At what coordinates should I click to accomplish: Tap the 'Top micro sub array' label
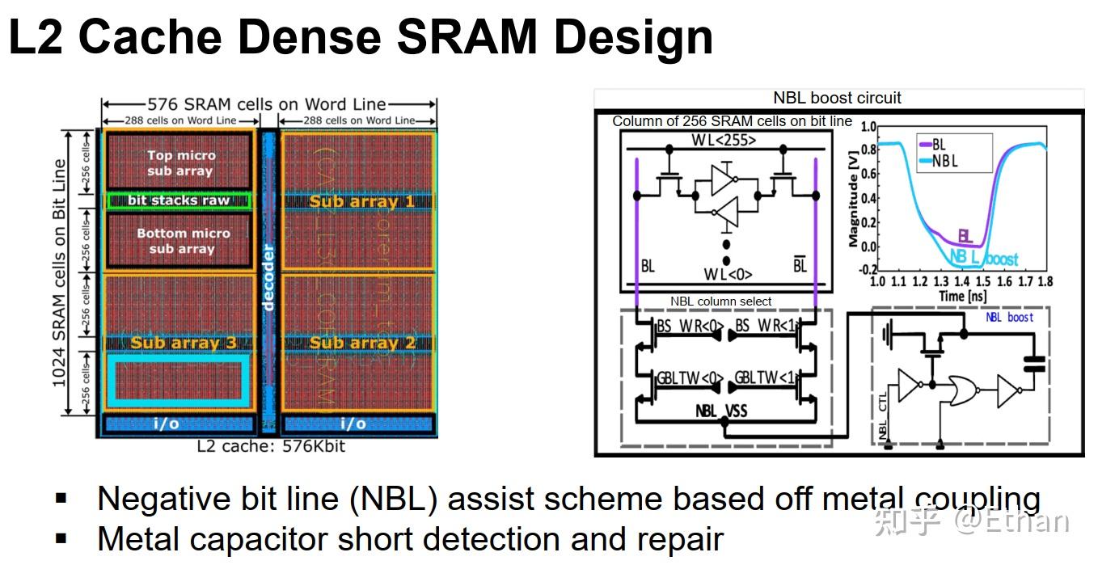tap(181, 162)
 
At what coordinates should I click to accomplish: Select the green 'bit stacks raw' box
tap(179, 200)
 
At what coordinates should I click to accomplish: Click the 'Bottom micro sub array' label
tap(183, 240)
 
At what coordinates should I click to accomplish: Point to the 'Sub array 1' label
tap(361, 201)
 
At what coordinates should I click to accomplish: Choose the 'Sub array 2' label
tap(361, 343)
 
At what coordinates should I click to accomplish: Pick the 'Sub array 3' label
tap(184, 343)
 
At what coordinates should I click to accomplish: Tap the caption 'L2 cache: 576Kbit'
tap(270, 445)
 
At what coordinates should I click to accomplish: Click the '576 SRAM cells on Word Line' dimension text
tap(267, 104)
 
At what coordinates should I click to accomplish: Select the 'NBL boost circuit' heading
tap(837, 98)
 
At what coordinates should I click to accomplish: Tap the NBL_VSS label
tap(721, 411)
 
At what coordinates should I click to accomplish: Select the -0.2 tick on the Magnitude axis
tap(868, 269)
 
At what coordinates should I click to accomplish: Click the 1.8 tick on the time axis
tap(1045, 282)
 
